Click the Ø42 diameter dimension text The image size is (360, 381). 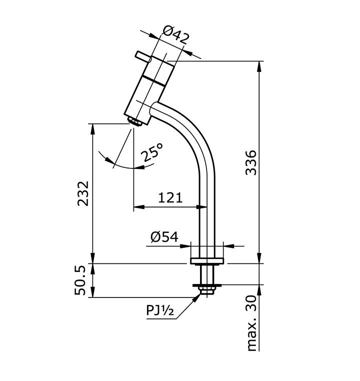(176, 37)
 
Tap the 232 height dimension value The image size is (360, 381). (83, 193)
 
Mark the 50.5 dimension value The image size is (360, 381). (83, 280)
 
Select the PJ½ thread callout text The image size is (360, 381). (159, 311)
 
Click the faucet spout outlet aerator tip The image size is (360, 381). (133, 121)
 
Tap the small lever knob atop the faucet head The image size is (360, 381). (142, 55)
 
